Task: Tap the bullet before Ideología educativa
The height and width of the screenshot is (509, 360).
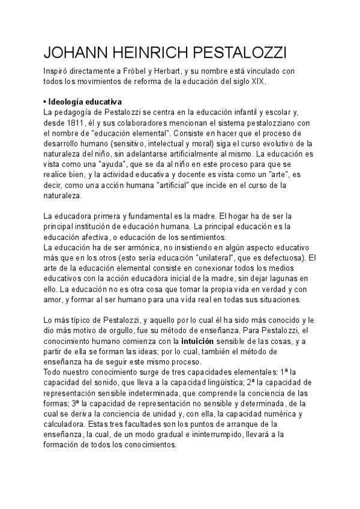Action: tap(46, 101)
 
